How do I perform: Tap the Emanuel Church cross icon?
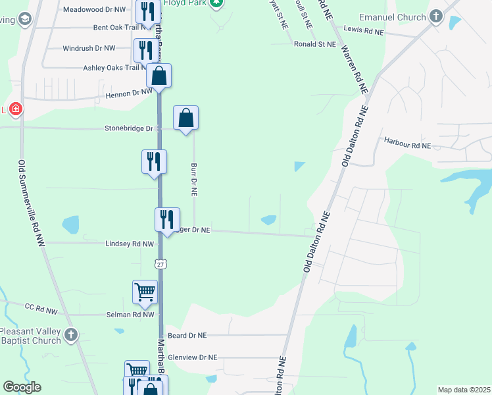click(x=436, y=16)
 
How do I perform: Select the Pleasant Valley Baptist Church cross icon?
click(x=71, y=336)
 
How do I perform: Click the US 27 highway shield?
click(x=160, y=264)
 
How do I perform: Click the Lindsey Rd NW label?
click(x=130, y=244)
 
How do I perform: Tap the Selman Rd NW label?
click(x=130, y=315)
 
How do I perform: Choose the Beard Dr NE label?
click(x=187, y=335)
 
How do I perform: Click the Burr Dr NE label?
click(x=194, y=180)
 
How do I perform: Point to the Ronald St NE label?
click(x=315, y=43)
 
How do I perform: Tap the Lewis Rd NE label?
click(x=363, y=30)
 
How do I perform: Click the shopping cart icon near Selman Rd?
click(x=145, y=291)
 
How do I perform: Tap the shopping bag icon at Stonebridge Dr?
click(x=186, y=118)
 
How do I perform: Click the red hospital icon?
click(x=14, y=109)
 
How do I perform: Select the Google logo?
click(x=22, y=387)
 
